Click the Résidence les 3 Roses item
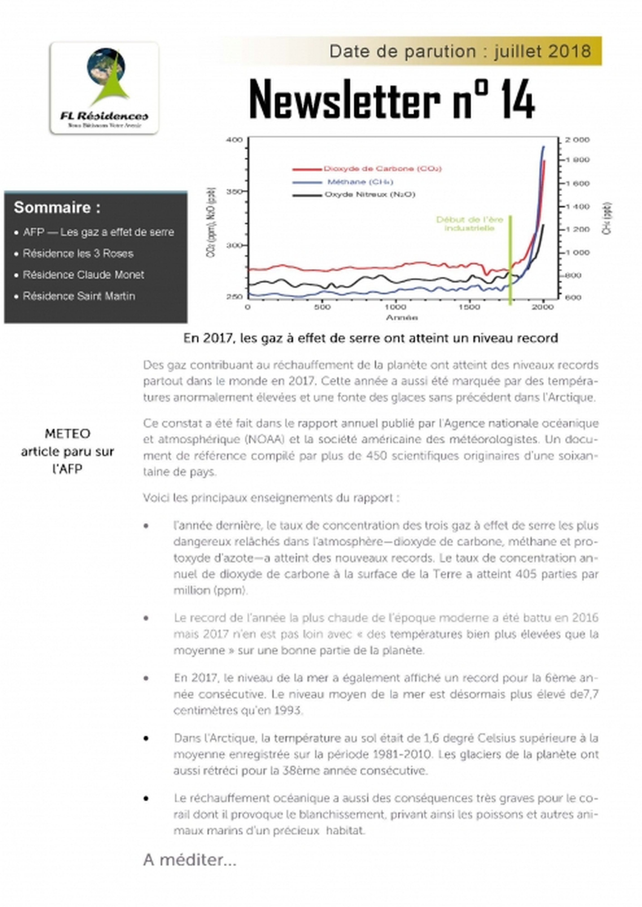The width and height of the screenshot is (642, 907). coord(78,253)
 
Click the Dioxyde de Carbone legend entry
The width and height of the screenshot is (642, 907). coord(382,169)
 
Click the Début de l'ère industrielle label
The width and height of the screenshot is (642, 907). coord(470,224)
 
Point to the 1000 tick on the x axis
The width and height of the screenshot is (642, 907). coord(395,307)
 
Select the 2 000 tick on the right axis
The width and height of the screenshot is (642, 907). coord(577,140)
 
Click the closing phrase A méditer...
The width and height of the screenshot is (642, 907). coord(190,860)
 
